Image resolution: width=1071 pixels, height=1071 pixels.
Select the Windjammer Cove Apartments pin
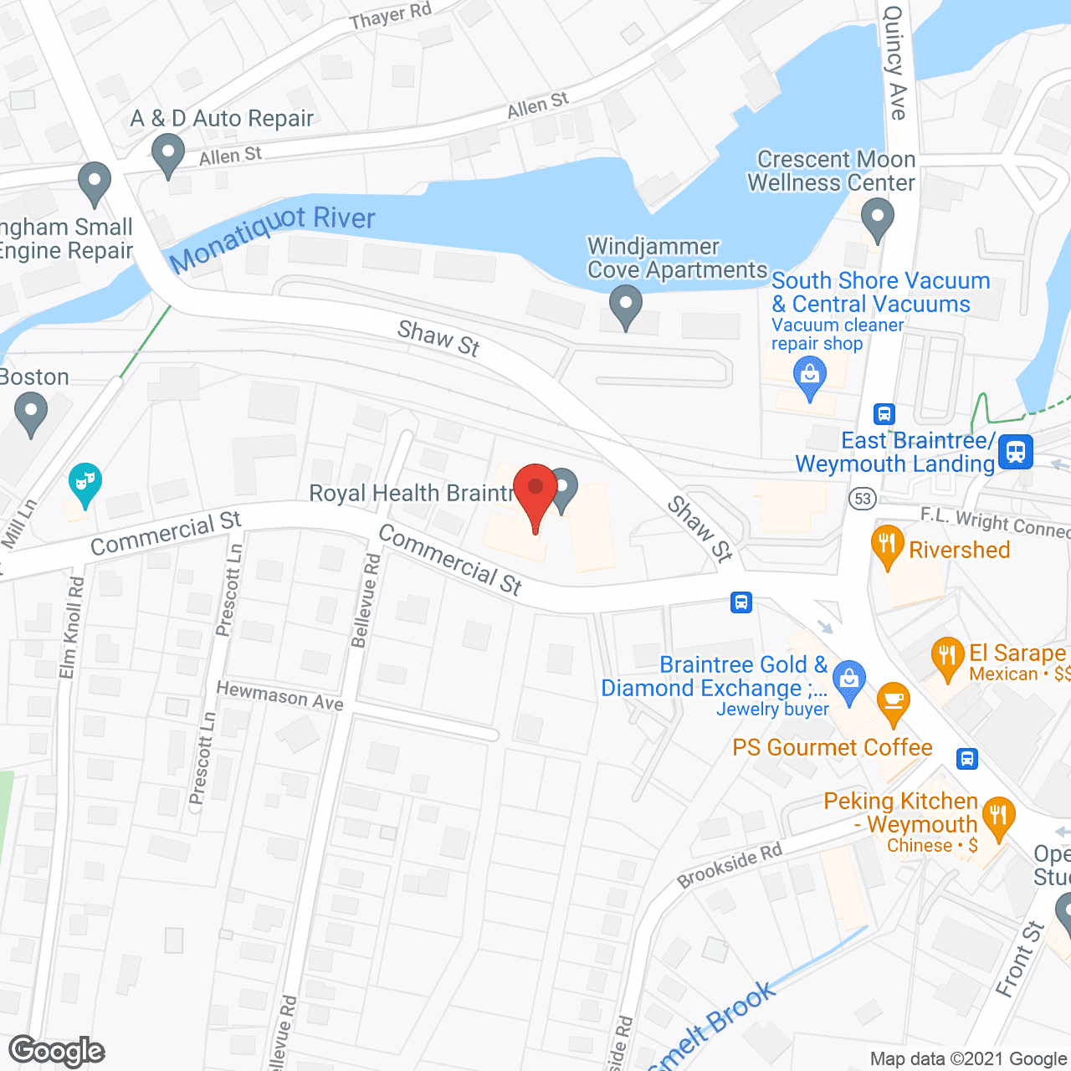click(x=625, y=305)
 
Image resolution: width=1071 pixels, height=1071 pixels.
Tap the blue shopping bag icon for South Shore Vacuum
click(x=809, y=377)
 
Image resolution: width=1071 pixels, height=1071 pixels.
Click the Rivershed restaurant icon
click(x=888, y=546)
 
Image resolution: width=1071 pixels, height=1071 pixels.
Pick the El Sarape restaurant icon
click(x=947, y=656)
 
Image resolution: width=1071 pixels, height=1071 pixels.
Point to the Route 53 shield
click(x=862, y=500)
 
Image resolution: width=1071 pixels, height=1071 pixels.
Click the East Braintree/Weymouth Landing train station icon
click(x=1016, y=452)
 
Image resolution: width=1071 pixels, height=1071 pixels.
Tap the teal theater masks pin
click(x=85, y=483)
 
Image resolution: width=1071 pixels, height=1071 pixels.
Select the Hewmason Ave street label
click(x=279, y=695)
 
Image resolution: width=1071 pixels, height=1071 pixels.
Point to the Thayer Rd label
click(x=390, y=15)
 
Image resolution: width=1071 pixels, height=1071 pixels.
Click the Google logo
click(x=57, y=1051)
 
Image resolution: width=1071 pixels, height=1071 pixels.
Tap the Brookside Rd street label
click(x=729, y=865)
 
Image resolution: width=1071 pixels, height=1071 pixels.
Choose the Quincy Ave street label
click(x=894, y=63)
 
